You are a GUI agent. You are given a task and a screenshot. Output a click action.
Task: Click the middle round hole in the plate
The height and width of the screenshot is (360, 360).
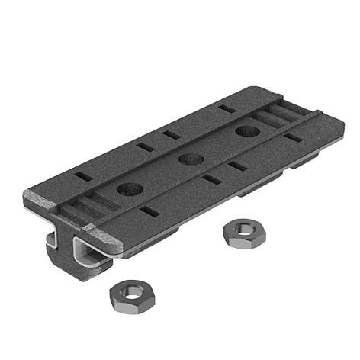click(190, 159)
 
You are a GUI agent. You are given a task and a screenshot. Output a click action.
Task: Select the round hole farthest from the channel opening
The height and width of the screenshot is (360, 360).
click(245, 131)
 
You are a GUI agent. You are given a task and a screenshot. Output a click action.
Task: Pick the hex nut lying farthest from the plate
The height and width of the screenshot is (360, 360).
click(127, 294)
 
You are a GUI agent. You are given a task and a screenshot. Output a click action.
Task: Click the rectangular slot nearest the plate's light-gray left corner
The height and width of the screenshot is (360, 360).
click(84, 176)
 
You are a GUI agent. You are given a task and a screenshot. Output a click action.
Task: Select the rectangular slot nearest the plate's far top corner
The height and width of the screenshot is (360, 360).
click(226, 108)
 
